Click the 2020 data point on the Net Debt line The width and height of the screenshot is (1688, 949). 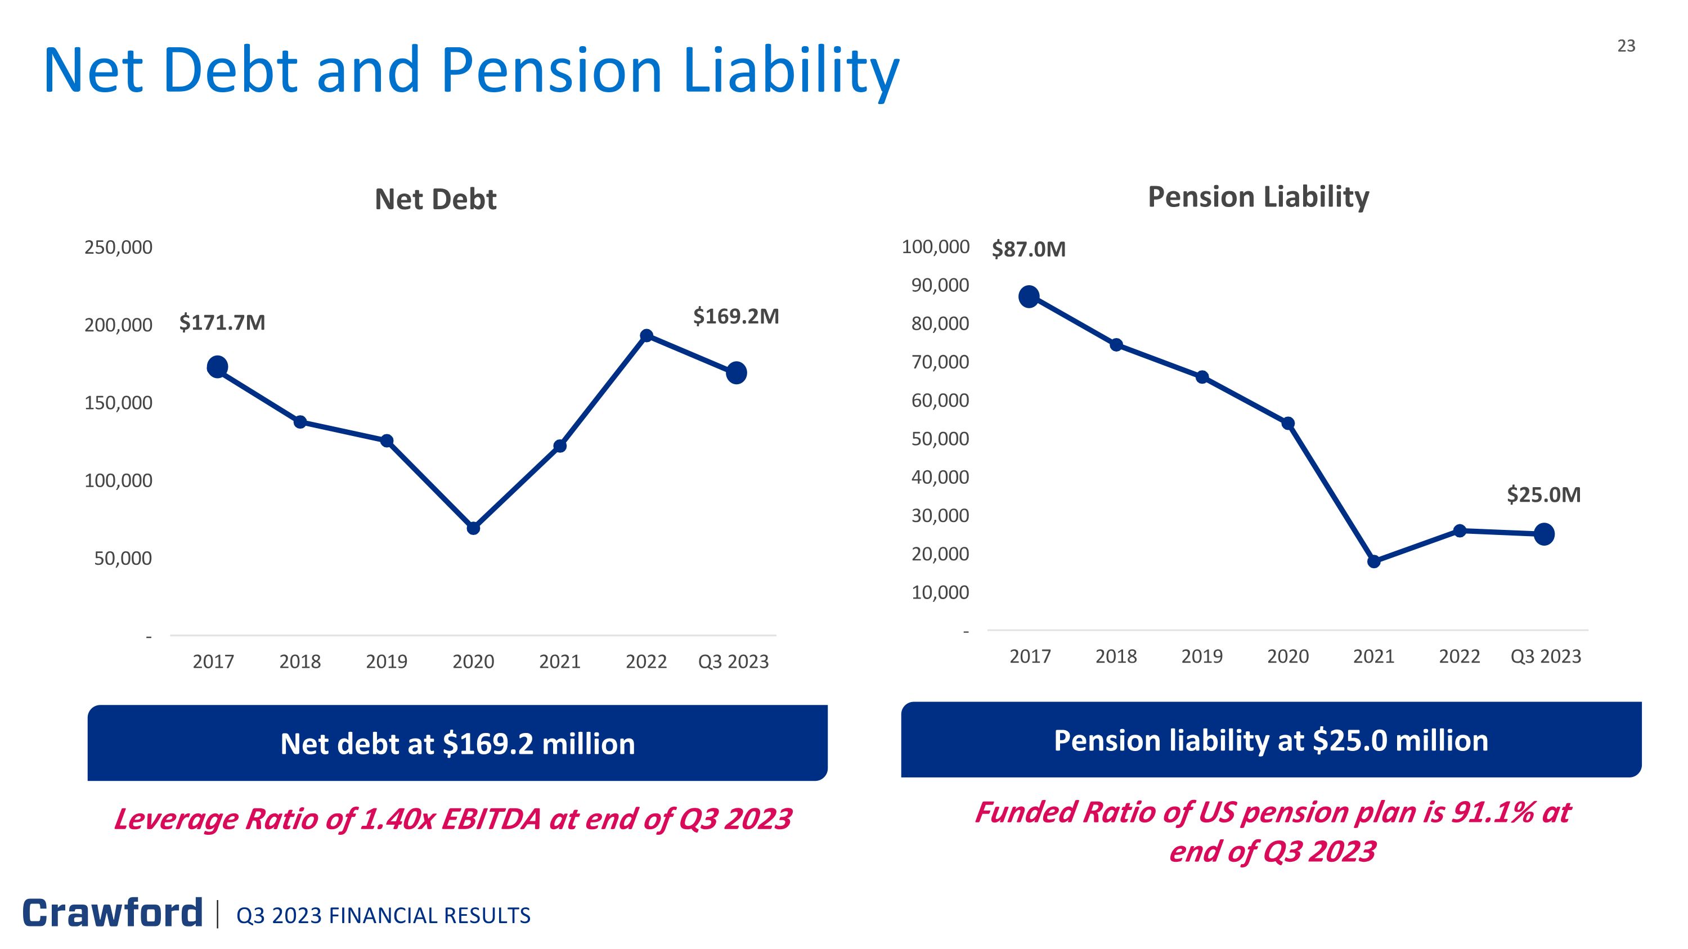point(473,528)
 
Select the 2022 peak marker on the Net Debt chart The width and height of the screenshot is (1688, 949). point(646,336)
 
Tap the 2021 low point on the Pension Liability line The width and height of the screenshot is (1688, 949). point(1374,561)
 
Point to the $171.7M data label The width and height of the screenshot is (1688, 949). point(222,322)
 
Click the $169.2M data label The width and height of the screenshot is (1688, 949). point(736,316)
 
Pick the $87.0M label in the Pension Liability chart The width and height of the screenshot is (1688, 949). point(1028,249)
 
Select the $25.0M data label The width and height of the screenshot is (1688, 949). point(1543,494)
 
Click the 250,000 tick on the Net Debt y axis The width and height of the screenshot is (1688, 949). point(119,248)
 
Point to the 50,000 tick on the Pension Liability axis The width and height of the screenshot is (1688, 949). point(940,439)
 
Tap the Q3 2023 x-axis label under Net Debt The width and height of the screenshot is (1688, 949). point(733,662)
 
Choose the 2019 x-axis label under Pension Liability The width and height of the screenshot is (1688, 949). point(1202,656)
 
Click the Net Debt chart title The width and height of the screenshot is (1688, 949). point(435,199)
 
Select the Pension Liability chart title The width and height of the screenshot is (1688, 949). point(1258,196)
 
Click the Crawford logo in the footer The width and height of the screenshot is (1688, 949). point(113,913)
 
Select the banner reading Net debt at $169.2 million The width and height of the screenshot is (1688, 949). point(457,743)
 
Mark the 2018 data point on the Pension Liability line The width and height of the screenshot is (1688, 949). point(1116,345)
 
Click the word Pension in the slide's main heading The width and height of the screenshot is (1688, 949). point(551,70)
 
